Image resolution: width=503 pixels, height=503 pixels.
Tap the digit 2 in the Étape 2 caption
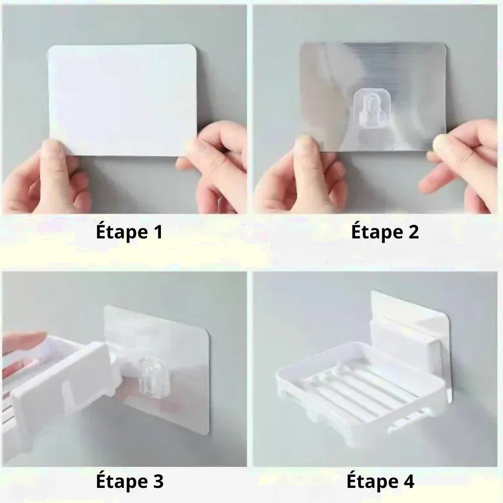pos(412,232)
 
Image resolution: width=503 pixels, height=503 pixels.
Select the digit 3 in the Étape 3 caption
pos(157,481)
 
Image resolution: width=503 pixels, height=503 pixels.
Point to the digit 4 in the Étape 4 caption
pos(408,481)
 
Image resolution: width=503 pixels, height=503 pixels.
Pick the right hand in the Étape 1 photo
pos(215,167)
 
